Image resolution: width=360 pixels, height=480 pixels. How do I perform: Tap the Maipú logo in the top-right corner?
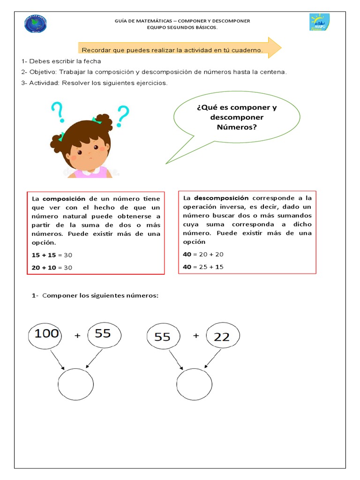pyautogui.click(x=320, y=22)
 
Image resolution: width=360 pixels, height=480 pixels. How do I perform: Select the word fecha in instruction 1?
pyautogui.click(x=92, y=61)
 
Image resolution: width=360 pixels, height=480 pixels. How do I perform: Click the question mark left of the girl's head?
pyautogui.click(x=58, y=112)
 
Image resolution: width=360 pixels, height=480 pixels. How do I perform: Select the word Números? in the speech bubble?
pyautogui.click(x=236, y=127)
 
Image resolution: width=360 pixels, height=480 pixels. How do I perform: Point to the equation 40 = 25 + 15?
pyautogui.click(x=203, y=266)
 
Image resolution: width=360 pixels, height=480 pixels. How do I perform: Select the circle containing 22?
pyautogui.click(x=223, y=337)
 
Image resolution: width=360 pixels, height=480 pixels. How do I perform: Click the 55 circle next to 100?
pyautogui.click(x=104, y=334)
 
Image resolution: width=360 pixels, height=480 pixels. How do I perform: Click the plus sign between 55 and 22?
pyautogui.click(x=196, y=335)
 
